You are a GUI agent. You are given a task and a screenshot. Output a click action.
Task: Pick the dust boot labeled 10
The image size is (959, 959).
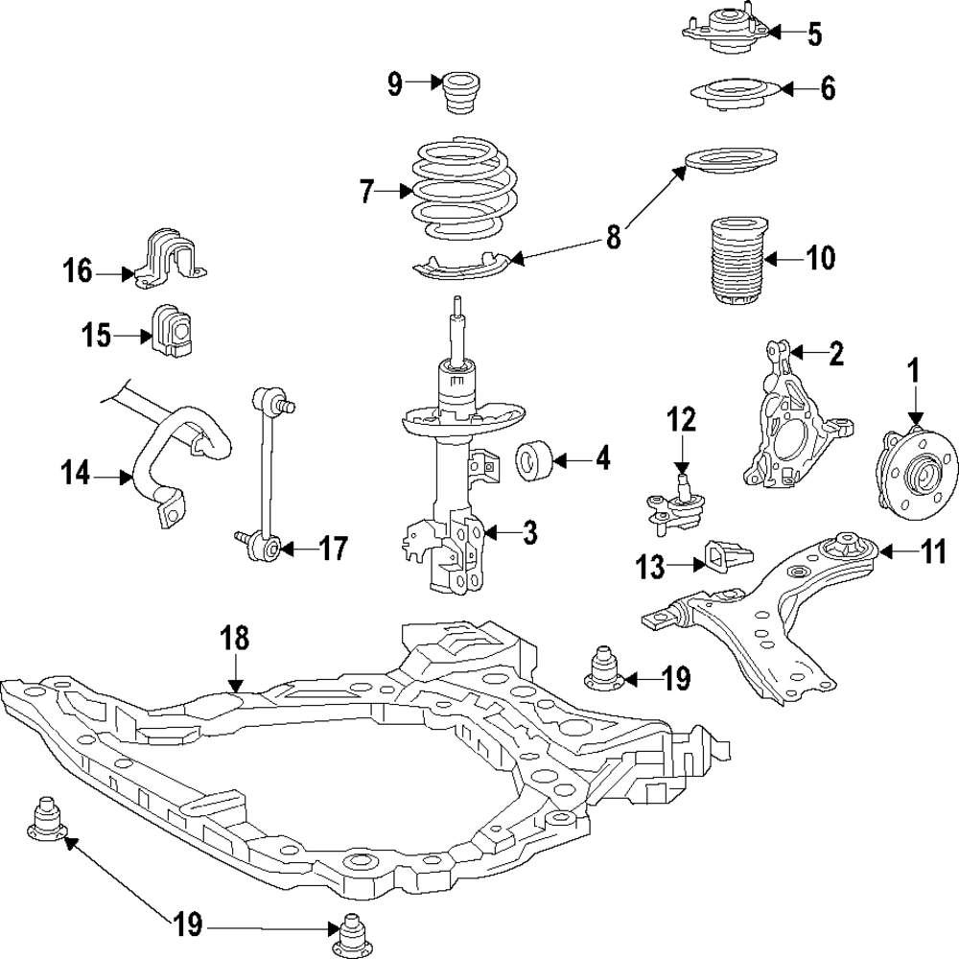tap(738, 263)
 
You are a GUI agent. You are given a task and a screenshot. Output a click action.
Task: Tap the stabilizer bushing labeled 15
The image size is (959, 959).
tap(172, 330)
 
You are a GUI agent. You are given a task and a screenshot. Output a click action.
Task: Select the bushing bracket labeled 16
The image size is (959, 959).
tap(170, 257)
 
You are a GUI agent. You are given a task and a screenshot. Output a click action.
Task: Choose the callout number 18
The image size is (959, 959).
tap(236, 639)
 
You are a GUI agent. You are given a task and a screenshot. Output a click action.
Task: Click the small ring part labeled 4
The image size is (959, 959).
tap(536, 460)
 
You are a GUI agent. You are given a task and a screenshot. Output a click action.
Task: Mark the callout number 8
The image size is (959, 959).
tap(614, 236)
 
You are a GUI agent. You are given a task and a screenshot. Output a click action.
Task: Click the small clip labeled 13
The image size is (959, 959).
tap(728, 555)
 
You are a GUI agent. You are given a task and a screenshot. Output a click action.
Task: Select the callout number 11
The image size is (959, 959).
tap(933, 553)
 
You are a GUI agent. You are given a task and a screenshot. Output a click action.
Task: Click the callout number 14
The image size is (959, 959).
tap(76, 474)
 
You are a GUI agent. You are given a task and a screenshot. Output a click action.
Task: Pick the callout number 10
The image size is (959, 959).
tap(821, 258)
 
